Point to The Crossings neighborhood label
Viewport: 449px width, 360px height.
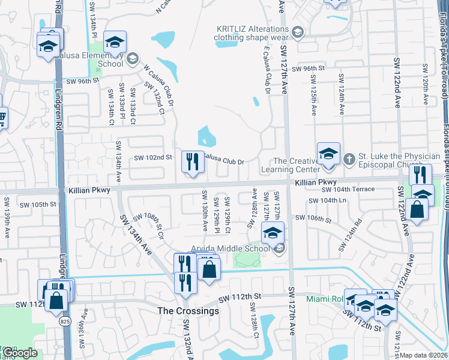point(188,311)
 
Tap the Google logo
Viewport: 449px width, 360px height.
point(20,353)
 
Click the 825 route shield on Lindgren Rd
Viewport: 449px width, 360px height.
point(64,322)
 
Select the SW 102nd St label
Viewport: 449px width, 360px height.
point(153,157)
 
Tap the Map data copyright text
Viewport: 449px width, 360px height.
point(424,355)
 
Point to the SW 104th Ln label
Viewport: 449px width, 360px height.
point(328,200)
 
